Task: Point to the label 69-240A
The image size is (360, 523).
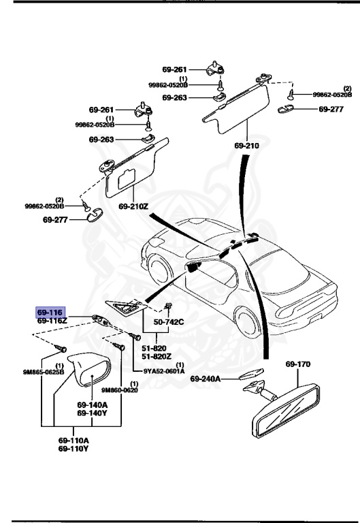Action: tap(209, 379)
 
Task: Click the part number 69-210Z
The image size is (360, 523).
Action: tap(133, 206)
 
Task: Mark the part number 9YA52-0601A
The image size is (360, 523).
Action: tap(164, 371)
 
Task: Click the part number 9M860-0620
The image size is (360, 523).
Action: tap(120, 390)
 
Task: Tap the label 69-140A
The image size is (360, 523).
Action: tap(91, 405)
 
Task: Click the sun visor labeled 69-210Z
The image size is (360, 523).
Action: tap(136, 168)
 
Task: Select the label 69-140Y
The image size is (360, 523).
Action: tap(91, 413)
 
